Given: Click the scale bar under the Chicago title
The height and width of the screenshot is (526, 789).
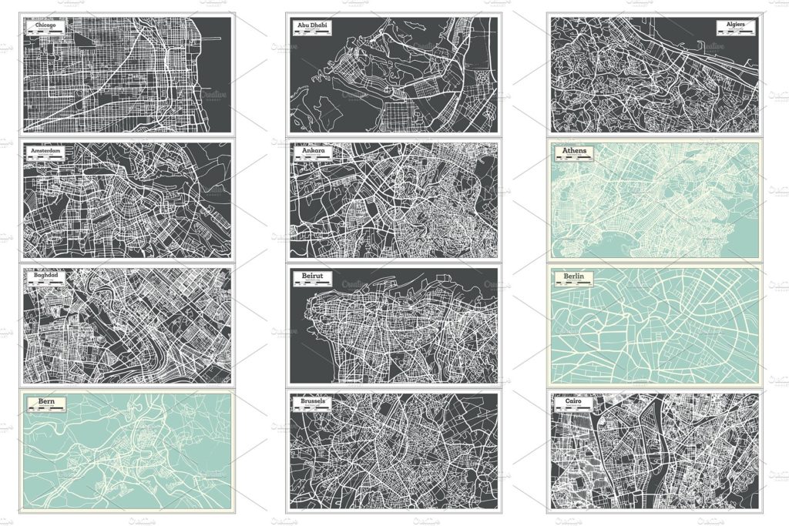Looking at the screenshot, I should pyautogui.click(x=46, y=35).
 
